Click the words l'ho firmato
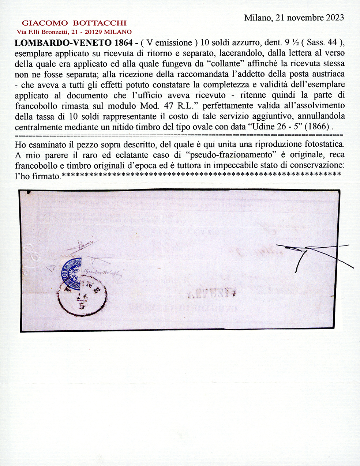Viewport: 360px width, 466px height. (x=37, y=176)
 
